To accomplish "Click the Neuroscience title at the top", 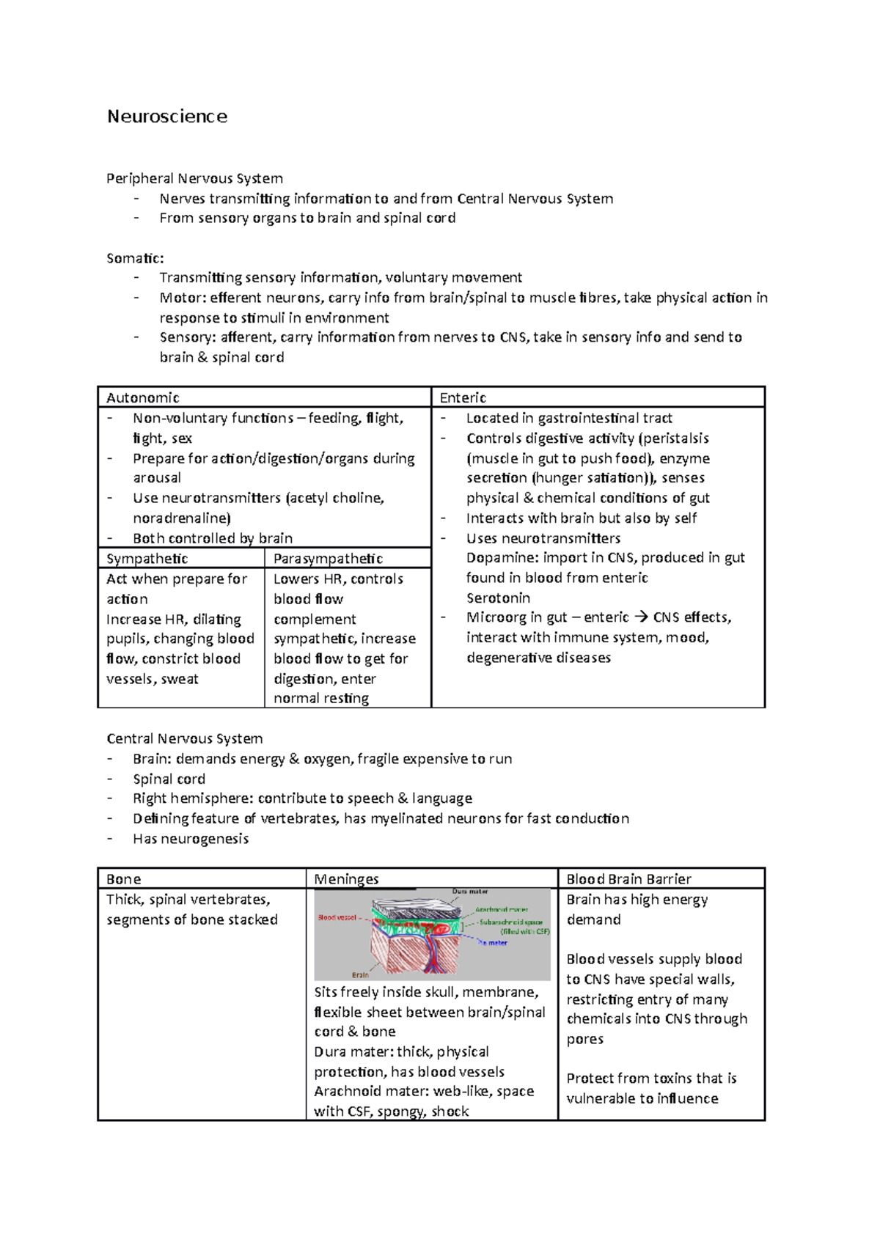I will pyautogui.click(x=167, y=117).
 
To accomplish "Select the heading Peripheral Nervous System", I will pyautogui.click(x=194, y=178).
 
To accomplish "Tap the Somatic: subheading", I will pyautogui.click(x=135, y=258).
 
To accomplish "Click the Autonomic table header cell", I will pyautogui.click(x=143, y=397).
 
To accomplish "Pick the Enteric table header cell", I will pyautogui.click(x=463, y=397).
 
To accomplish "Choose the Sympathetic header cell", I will pyautogui.click(x=147, y=559).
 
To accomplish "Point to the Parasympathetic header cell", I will pyautogui.click(x=328, y=559).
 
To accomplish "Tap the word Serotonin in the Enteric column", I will pyautogui.click(x=498, y=598).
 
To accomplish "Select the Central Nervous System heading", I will pyautogui.click(x=184, y=738).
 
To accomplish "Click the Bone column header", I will pyautogui.click(x=123, y=879).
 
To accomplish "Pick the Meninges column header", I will pyautogui.click(x=346, y=879).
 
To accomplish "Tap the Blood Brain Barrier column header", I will pyautogui.click(x=628, y=879).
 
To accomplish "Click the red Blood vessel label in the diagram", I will pyautogui.click(x=337, y=918).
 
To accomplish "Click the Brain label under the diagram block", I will pyautogui.click(x=360, y=975).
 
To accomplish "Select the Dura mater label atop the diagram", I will pyautogui.click(x=470, y=892).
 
